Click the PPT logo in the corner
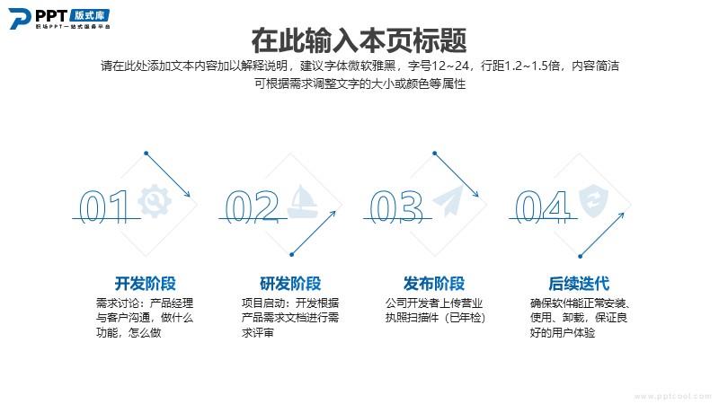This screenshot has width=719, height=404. pos(59,19)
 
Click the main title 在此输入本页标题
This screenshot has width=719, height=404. pos(359,40)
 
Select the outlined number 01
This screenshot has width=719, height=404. pos(103,206)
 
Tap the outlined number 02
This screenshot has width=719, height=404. pos(252,206)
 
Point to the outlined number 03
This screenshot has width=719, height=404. pos(396,206)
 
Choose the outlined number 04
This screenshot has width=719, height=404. pos(543,206)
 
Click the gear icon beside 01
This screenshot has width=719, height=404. pos(155,200)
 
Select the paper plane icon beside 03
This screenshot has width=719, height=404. pos(448,201)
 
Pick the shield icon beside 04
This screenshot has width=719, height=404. pos(593,201)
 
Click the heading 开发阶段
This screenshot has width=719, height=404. pos(146,284)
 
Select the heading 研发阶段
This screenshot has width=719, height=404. pos(290,284)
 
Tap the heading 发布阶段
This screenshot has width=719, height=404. pos(434,284)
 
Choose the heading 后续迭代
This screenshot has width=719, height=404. pos(579,284)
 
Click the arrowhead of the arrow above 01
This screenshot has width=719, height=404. pos(188,194)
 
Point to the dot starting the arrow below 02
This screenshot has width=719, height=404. pos(291,255)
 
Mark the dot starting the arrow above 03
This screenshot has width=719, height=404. pos(434,154)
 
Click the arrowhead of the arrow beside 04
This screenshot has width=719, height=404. pos(622,215)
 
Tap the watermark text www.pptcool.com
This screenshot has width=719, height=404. pos(672,396)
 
